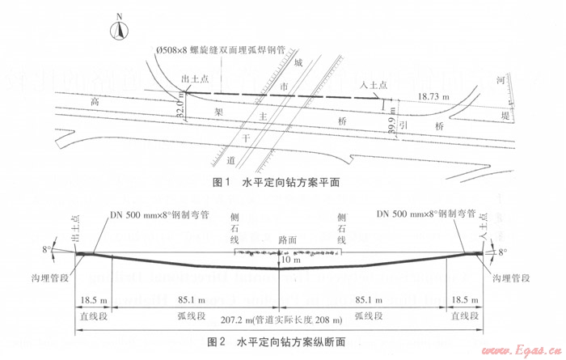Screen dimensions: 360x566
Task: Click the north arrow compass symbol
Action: coord(119,28)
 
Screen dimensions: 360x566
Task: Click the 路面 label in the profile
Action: coord(289,240)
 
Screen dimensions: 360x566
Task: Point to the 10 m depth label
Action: coord(290,260)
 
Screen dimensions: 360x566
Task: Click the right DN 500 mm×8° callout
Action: coord(424,215)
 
